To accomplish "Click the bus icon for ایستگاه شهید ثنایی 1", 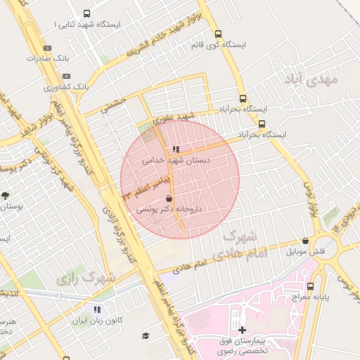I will (86, 13).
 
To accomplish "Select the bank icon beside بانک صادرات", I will (47, 48).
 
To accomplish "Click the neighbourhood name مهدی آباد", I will (311, 79).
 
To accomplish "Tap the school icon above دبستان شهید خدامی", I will (175, 149).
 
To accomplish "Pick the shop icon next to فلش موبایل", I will (305, 240).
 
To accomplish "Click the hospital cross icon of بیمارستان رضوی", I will (242, 330).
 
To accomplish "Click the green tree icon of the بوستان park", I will (6, 195).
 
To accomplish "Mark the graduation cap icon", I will (146, 336).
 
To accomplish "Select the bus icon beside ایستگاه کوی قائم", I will (218, 33).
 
